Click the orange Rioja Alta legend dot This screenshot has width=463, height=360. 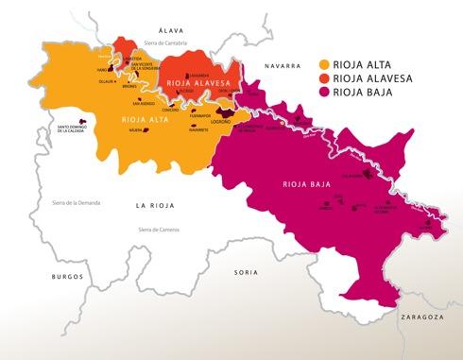click(x=325, y=64)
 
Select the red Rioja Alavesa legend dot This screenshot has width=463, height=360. click(x=325, y=79)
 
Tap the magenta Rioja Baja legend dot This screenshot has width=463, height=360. click(x=325, y=94)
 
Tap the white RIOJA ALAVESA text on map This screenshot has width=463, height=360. click(x=197, y=85)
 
